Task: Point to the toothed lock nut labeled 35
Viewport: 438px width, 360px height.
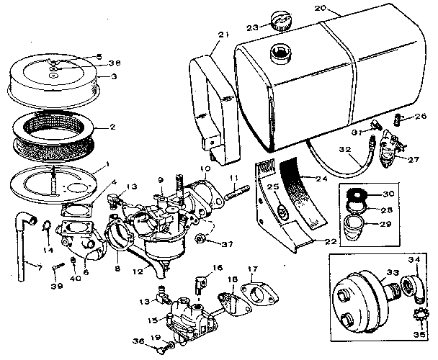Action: pyautogui.click(x=417, y=314)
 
